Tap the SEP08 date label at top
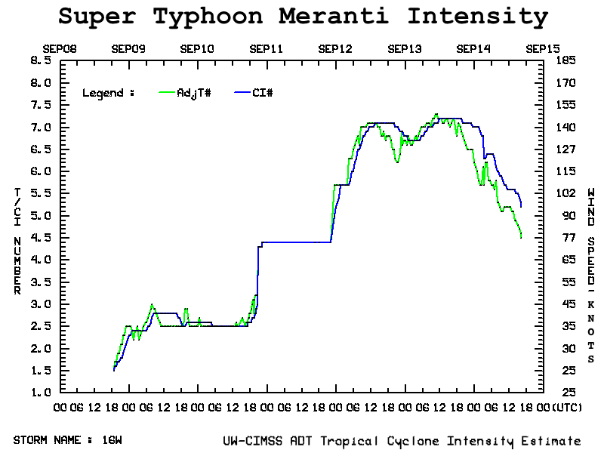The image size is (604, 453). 59,49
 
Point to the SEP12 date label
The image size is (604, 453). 335,49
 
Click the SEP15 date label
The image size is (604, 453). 542,49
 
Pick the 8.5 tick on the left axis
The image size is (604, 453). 41,60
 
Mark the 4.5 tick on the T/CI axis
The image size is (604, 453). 41,237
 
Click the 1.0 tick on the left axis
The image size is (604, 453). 41,393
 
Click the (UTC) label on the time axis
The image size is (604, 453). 567,407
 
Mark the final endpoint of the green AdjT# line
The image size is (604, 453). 521,238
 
